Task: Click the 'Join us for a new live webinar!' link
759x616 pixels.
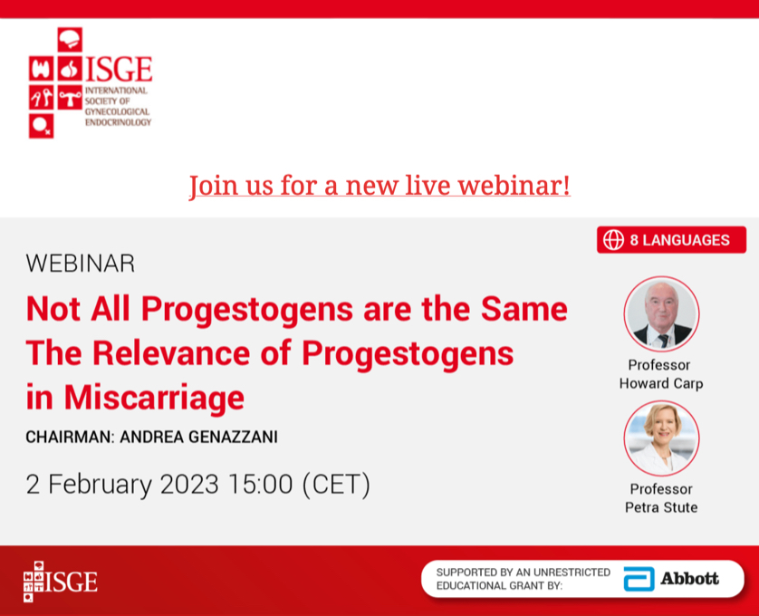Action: tap(379, 186)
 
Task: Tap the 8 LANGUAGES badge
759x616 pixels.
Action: tap(671, 240)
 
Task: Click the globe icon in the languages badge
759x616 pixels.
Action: tap(613, 240)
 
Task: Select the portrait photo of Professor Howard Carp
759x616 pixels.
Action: tap(661, 313)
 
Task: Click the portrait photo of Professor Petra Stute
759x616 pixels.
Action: tap(661, 438)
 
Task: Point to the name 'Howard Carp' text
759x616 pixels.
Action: tap(661, 383)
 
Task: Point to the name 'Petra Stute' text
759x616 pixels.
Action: tap(661, 507)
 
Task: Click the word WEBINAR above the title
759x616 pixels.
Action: tap(81, 264)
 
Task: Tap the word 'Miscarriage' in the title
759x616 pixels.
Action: tap(154, 398)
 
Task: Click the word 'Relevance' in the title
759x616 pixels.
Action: tap(171, 353)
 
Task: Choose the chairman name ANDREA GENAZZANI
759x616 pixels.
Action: tap(199, 437)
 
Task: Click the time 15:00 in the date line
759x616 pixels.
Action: tap(261, 484)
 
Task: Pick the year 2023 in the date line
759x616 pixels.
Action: tap(189, 484)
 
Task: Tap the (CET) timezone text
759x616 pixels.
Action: tap(336, 484)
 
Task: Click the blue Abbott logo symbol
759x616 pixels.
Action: tap(639, 579)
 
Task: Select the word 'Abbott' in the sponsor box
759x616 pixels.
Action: tap(690, 579)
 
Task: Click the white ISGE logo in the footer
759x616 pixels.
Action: tap(61, 582)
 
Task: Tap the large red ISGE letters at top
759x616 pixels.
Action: tap(119, 69)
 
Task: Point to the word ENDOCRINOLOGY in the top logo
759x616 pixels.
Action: tap(118, 122)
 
